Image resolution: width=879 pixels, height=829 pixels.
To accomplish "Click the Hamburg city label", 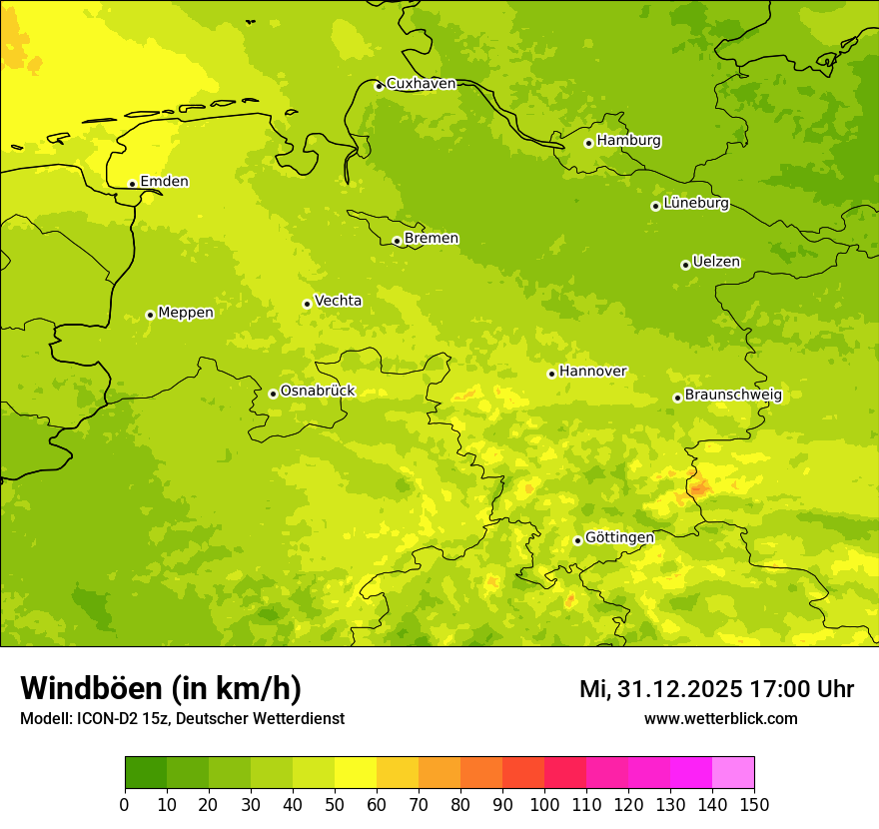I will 628,141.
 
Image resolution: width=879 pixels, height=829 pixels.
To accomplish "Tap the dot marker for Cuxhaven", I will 379,86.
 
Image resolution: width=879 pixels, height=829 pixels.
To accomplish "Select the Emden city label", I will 164,182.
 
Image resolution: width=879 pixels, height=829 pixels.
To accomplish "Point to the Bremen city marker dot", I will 397,241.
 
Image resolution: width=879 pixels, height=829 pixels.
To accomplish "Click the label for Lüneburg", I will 695,203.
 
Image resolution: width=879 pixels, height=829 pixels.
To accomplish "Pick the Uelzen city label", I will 716,262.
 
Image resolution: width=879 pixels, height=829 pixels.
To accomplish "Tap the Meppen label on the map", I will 186,313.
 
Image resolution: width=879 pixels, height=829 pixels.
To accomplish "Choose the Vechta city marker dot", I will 307,304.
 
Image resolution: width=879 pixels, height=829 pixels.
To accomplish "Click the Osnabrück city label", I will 318,391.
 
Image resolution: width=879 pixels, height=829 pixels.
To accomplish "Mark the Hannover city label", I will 592,372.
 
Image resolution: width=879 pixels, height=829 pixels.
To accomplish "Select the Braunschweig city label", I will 733,396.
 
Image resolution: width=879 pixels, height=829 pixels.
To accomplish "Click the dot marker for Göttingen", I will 577,540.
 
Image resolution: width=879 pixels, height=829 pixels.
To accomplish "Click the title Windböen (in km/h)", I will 161,688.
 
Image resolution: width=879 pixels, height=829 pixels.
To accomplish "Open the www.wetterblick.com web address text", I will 720,718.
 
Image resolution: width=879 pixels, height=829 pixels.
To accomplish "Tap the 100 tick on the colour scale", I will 544,804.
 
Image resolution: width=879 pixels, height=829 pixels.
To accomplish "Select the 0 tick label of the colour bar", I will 125,804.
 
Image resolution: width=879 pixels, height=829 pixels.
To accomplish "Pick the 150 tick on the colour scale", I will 754,804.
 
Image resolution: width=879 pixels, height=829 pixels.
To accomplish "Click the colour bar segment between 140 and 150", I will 733,773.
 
